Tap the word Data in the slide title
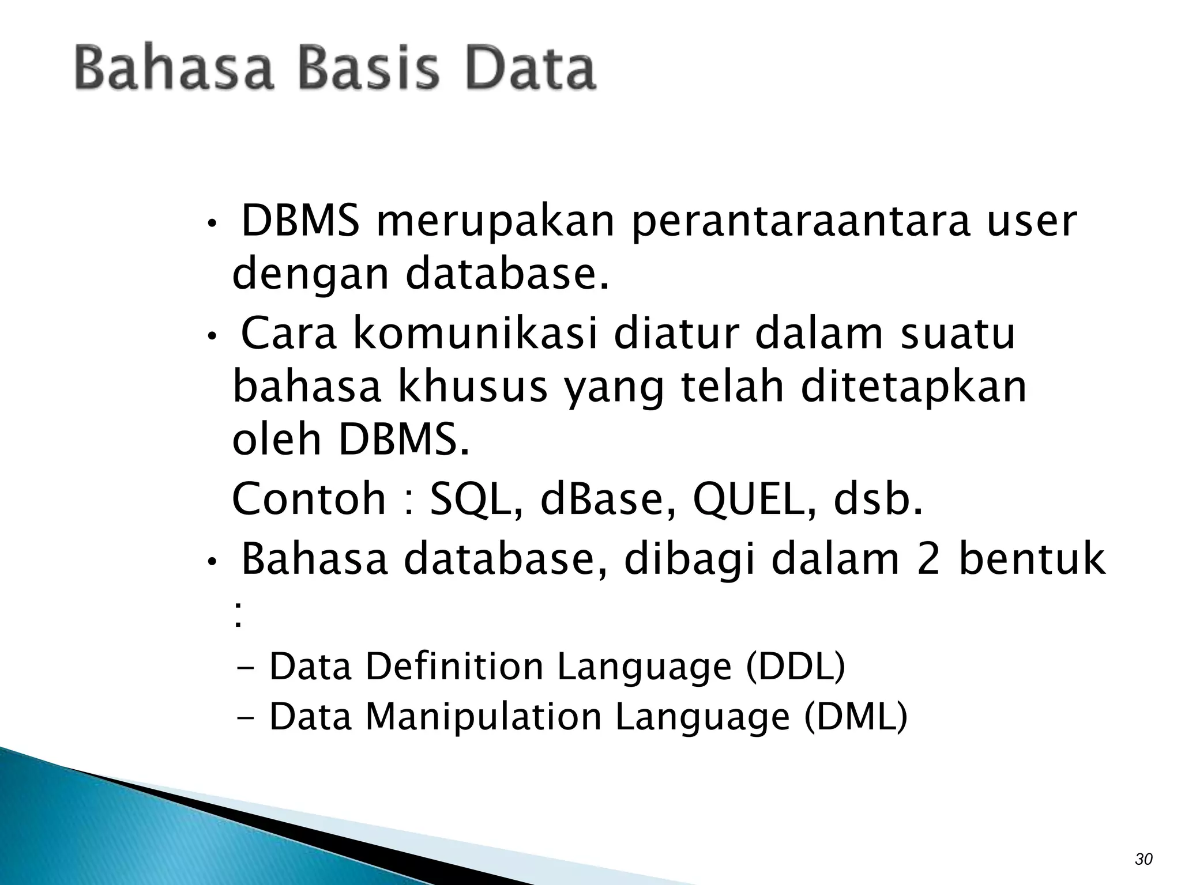point(530,69)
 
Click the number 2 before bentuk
point(928,560)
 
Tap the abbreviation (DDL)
point(796,667)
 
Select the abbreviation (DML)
point(856,717)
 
